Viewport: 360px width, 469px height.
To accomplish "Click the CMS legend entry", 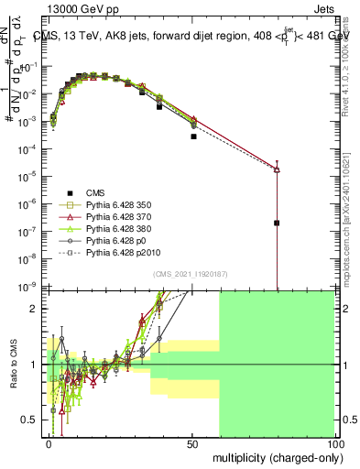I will click(x=95, y=192).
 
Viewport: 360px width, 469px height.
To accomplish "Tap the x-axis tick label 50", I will click(x=191, y=443).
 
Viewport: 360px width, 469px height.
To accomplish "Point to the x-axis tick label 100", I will click(x=333, y=443).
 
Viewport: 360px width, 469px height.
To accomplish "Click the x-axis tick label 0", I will click(x=49, y=443).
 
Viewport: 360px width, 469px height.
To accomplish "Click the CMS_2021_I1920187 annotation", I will click(x=191, y=273).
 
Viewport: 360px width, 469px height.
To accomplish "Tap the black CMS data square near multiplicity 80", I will click(x=277, y=223).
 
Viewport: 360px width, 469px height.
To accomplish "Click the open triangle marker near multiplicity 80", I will click(x=277, y=169).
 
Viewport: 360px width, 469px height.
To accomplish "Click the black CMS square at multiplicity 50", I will click(x=193, y=136).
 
